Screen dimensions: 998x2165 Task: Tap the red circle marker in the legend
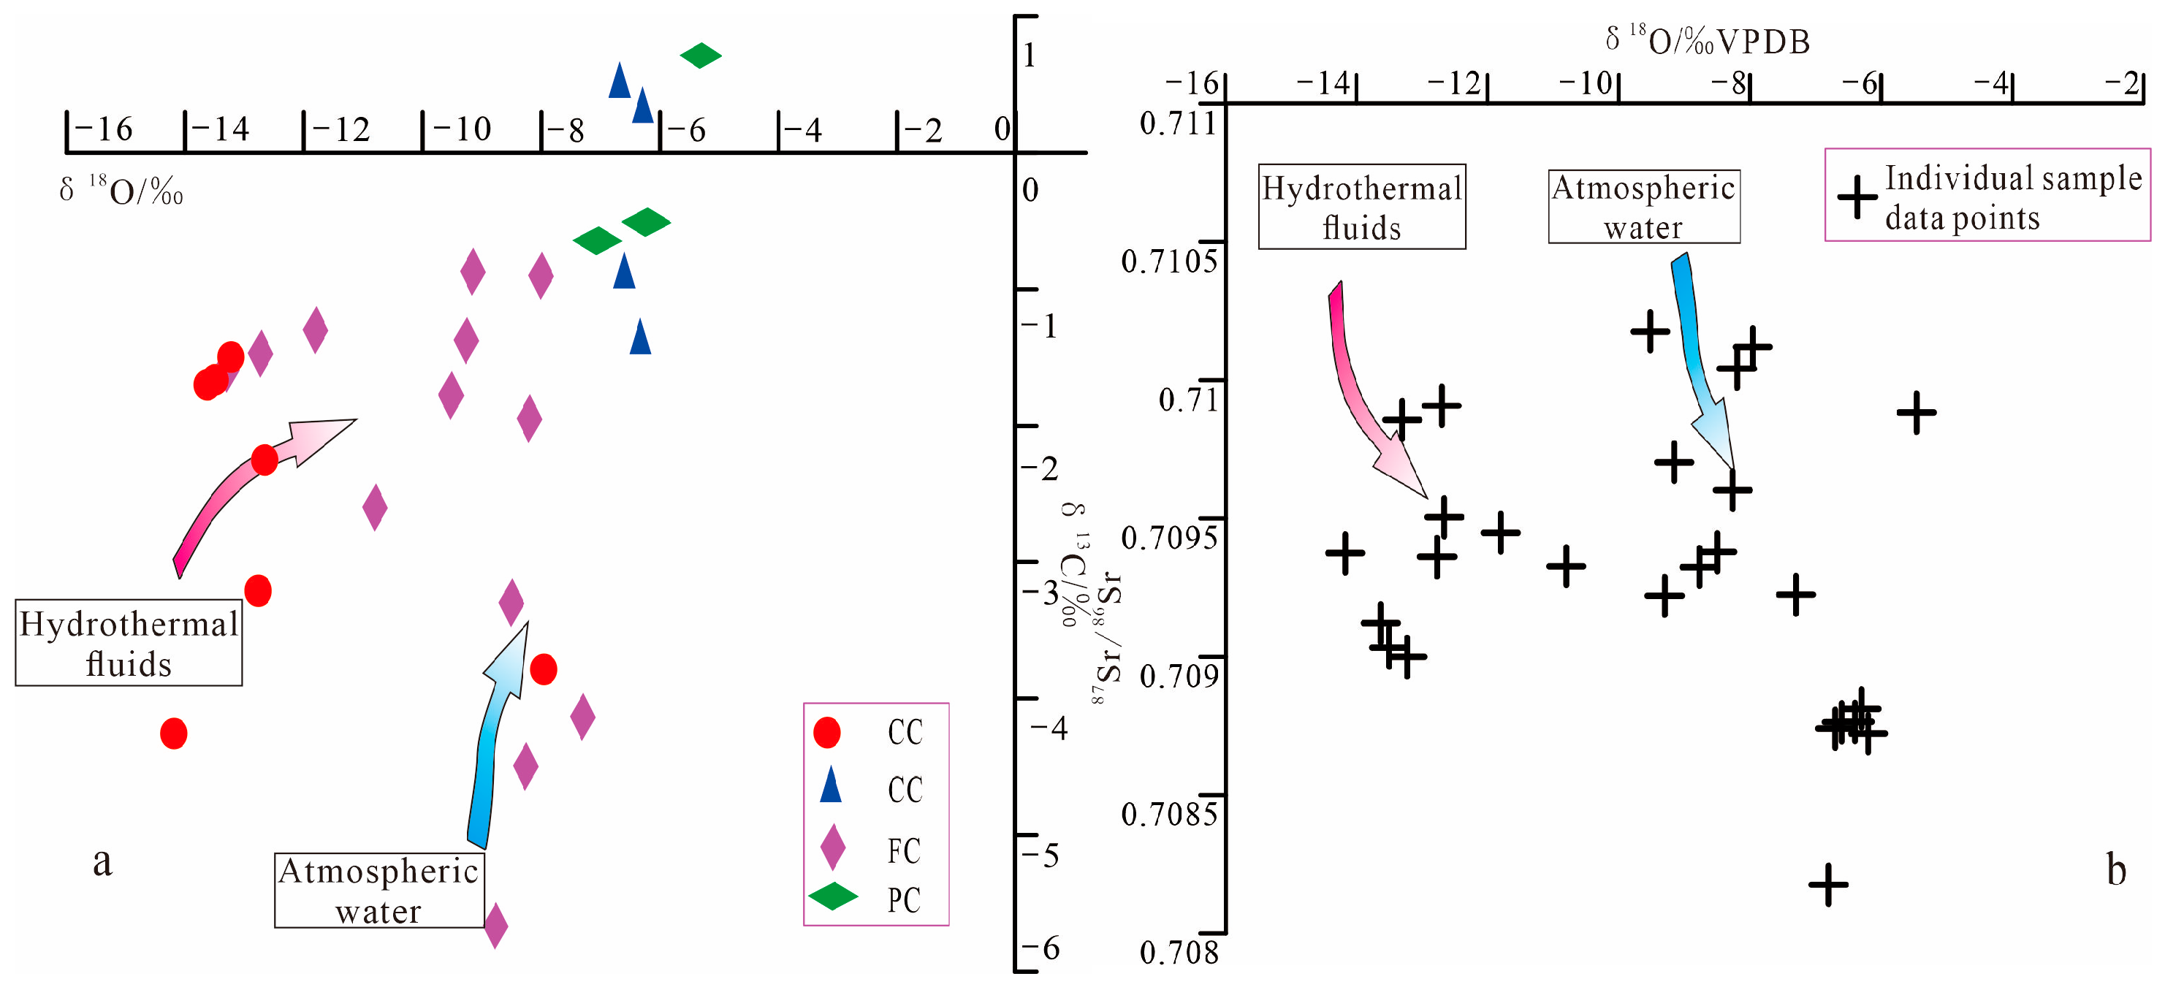[827, 733]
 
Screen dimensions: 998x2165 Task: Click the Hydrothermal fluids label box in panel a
[129, 643]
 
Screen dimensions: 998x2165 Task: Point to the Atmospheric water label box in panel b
[1643, 207]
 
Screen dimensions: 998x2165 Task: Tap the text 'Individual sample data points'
[2012, 197]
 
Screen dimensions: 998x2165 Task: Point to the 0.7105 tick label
[1168, 262]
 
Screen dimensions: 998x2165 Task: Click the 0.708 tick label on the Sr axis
[1179, 953]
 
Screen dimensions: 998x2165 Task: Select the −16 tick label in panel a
[103, 129]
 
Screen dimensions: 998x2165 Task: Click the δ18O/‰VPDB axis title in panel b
[1706, 40]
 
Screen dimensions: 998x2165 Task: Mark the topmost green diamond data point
[700, 56]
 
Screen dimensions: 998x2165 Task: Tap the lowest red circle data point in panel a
[174, 734]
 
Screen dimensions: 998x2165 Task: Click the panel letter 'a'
[102, 862]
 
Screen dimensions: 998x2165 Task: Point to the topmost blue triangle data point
[620, 80]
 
